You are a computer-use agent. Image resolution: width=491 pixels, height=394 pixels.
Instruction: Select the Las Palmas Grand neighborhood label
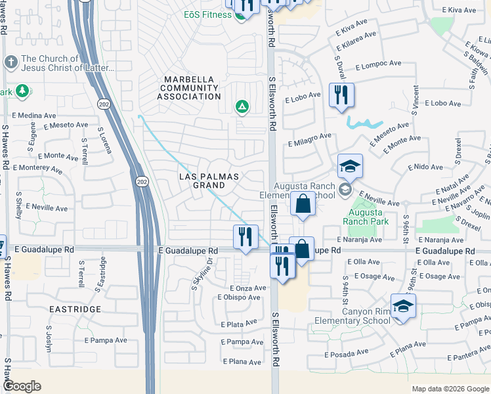coord(211,181)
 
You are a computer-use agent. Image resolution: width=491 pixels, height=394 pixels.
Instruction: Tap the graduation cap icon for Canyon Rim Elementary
coord(402,307)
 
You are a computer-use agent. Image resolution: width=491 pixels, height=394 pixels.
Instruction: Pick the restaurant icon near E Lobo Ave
coord(341,95)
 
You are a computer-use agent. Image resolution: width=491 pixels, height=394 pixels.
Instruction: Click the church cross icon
coord(10,62)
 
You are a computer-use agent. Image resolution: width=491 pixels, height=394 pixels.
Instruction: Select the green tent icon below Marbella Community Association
coord(242,106)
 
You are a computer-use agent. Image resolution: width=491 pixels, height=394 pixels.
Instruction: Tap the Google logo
coord(22,386)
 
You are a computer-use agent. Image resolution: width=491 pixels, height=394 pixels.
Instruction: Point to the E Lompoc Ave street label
coord(378,65)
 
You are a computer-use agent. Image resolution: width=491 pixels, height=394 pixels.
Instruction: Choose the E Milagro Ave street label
coord(309,140)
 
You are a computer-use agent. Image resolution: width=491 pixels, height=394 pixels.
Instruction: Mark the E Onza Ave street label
coord(247,288)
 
